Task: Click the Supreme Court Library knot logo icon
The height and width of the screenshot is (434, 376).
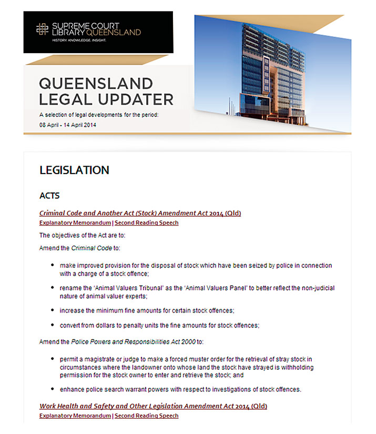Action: [x=42, y=29]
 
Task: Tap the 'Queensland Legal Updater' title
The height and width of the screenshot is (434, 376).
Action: [x=106, y=91]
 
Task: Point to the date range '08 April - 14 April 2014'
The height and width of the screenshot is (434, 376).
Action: [x=67, y=125]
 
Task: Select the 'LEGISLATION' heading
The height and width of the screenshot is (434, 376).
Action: [x=74, y=170]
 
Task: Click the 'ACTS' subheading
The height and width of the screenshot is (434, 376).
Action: [x=49, y=196]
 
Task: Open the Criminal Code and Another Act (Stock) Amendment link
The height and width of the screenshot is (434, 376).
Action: [x=140, y=213]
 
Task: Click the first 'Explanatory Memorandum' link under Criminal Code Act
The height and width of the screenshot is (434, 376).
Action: [x=75, y=223]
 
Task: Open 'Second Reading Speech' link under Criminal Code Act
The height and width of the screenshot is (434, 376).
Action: [x=147, y=223]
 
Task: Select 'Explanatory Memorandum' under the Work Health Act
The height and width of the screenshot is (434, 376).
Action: [x=75, y=416]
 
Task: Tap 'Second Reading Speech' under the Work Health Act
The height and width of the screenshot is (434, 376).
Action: [x=147, y=416]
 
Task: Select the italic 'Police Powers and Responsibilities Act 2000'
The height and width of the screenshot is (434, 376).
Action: [x=134, y=342]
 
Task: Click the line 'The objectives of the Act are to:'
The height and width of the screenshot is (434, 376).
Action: [x=83, y=235]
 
